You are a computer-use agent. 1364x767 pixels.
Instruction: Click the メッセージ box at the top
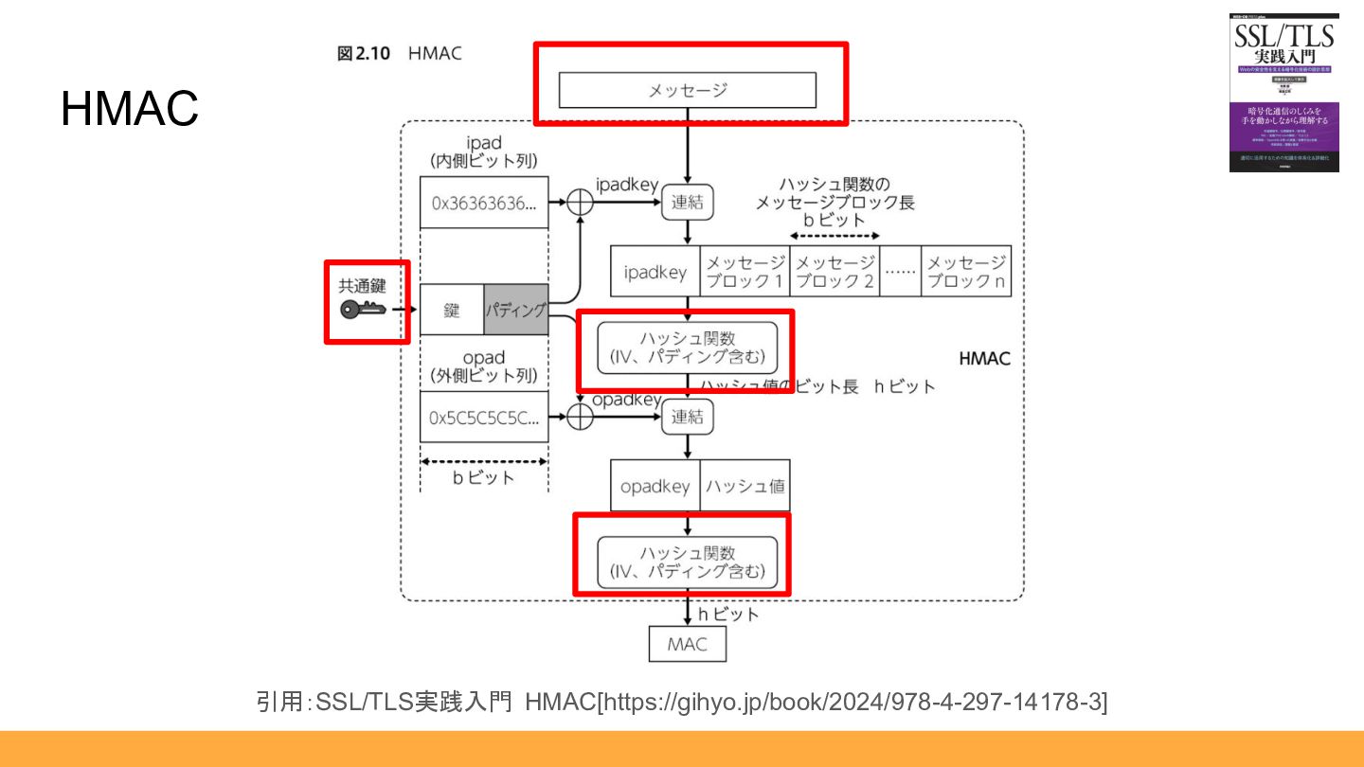687,90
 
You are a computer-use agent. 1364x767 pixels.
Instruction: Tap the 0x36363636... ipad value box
484,203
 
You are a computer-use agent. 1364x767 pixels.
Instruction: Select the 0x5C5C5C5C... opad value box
484,417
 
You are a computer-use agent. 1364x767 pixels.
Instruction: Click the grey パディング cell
516,309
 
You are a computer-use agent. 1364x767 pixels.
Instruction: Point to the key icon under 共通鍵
363,309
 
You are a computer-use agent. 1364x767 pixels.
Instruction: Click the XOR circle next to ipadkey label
579,202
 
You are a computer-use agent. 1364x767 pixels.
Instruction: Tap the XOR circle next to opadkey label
579,417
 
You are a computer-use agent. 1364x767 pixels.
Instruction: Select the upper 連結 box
687,202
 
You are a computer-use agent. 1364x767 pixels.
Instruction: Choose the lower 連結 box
687,417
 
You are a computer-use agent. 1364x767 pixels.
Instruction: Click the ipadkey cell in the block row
655,272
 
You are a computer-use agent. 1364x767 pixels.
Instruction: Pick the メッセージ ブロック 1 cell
745,272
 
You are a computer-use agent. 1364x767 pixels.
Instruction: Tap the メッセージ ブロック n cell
965,272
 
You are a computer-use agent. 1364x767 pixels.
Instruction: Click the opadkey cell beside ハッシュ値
655,486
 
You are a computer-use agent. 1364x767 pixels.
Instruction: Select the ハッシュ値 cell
745,486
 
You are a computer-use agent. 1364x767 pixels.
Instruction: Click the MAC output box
687,645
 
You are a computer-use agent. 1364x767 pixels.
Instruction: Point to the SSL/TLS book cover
1283,93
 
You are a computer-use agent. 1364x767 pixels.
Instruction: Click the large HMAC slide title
130,109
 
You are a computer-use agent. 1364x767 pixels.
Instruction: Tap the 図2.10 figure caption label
364,54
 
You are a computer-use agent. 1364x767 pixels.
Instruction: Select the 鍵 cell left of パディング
452,309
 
